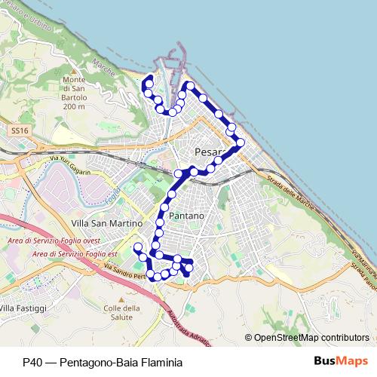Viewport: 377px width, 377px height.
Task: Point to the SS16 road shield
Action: click(20, 130)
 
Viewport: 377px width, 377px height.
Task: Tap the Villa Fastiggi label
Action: click(23, 308)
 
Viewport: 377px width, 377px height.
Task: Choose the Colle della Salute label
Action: click(122, 313)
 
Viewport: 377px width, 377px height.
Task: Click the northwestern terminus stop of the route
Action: click(149, 78)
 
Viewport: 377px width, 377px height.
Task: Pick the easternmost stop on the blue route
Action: click(241, 142)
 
